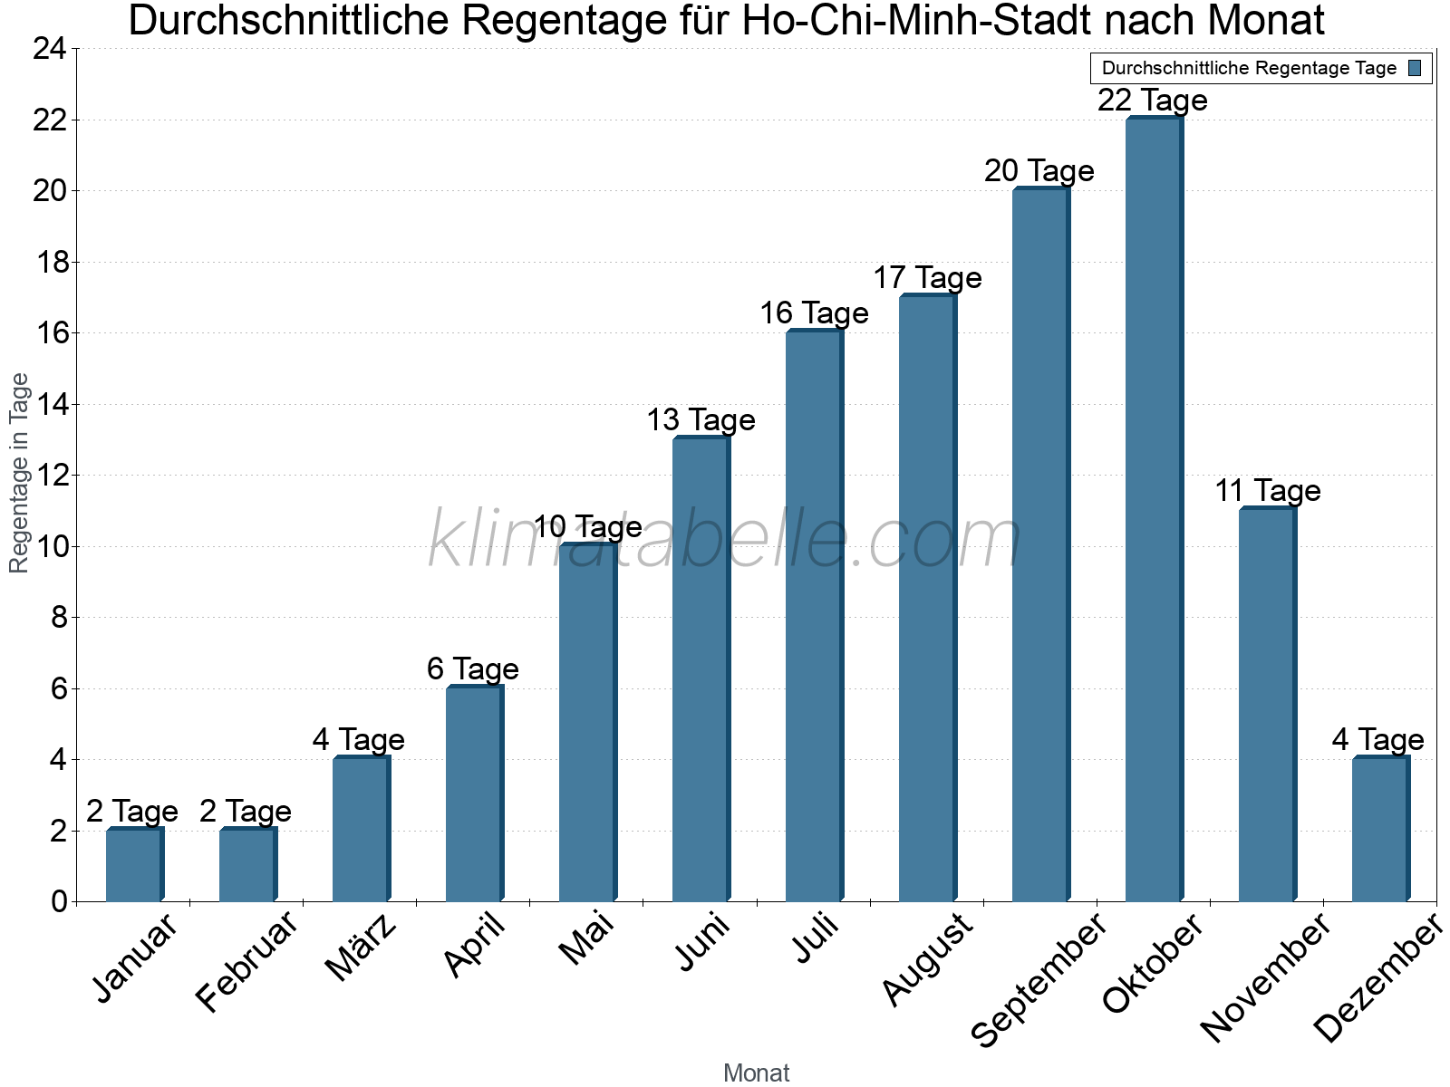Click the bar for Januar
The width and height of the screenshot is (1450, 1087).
[133, 865]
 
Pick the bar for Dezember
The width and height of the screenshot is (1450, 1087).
[1379, 830]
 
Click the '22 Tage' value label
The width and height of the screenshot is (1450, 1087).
[1153, 100]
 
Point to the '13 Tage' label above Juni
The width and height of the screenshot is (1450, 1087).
[701, 420]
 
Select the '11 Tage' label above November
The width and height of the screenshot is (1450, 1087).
[1267, 491]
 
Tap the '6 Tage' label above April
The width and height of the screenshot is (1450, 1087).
[472, 669]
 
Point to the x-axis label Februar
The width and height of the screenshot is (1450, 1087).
[246, 960]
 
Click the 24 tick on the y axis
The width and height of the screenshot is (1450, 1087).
[49, 49]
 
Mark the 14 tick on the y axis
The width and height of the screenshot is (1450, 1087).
[49, 404]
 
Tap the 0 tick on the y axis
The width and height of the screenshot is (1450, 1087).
[59, 901]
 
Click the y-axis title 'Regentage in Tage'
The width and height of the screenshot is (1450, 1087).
[20, 473]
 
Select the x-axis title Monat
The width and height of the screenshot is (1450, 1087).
[756, 1073]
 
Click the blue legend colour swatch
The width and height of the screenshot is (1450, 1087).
[1415, 68]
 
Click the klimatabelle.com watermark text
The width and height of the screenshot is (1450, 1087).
[725, 541]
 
